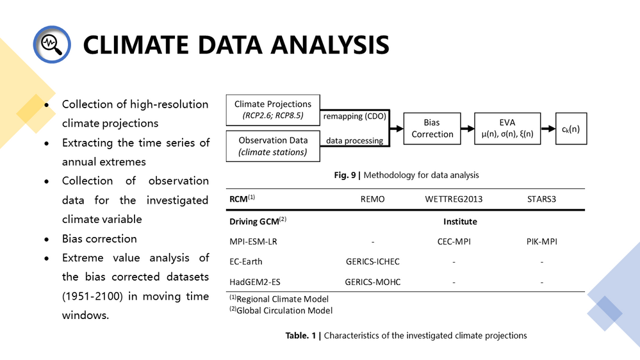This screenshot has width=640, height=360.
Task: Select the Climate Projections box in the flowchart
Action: coord(272,110)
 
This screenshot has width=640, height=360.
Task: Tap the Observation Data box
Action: coord(272,145)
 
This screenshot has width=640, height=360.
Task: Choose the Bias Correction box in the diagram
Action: coord(432,128)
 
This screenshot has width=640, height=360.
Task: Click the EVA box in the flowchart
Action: coord(507,127)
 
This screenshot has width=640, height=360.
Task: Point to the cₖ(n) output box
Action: coord(570,128)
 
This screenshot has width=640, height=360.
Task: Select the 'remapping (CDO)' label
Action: coord(353,117)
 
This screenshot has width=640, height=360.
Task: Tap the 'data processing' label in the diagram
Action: coord(354,140)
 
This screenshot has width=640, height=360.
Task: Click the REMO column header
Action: coord(372,199)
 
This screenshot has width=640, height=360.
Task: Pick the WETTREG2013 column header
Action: coord(454,199)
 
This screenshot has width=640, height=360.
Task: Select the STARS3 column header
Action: coord(541,199)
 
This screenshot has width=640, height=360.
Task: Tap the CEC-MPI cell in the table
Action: coord(454,241)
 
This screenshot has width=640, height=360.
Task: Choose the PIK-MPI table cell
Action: coord(541,241)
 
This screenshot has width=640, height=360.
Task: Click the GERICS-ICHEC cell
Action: coord(372,261)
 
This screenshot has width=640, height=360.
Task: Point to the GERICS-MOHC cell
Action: coord(372,281)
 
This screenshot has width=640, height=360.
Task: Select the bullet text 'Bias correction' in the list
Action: coord(99,238)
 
